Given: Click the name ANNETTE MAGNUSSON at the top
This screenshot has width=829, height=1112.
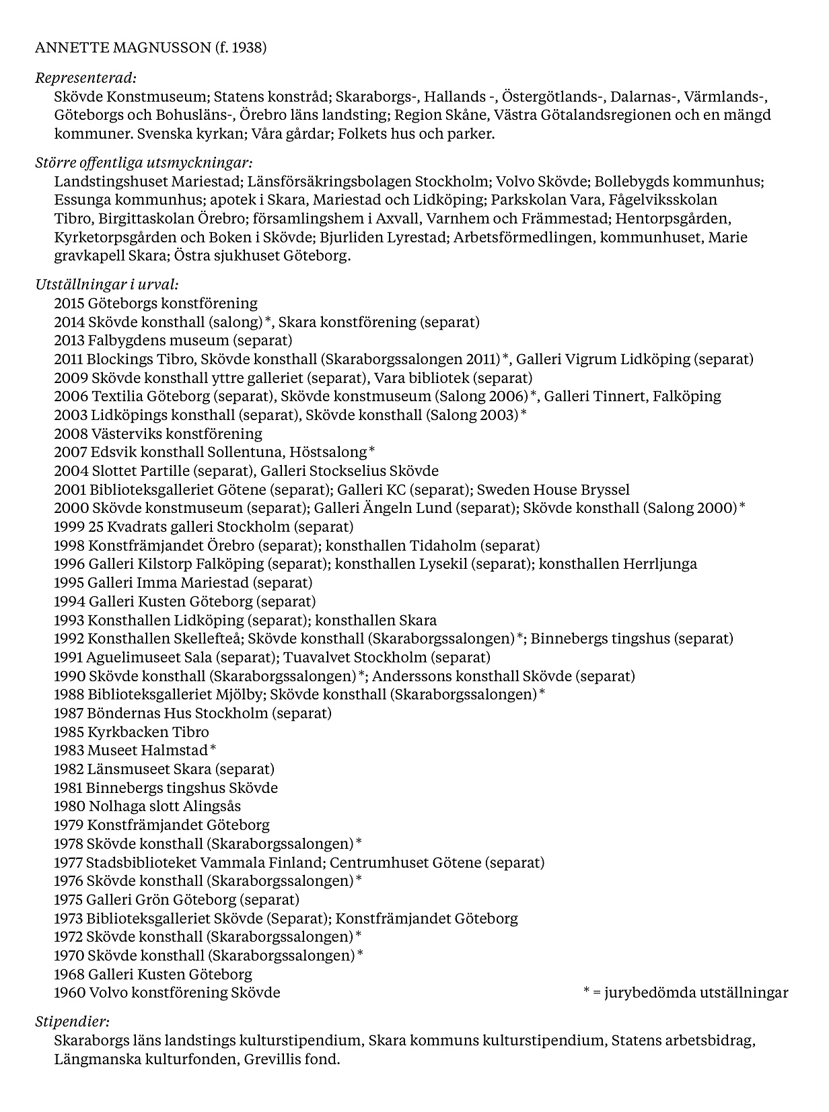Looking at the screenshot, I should click(x=122, y=48).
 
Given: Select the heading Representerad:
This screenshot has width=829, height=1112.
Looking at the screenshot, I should click(x=85, y=78).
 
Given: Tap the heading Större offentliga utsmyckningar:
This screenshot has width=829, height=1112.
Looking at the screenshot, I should click(x=143, y=163).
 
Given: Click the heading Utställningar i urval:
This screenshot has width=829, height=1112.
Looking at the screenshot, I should click(x=106, y=285).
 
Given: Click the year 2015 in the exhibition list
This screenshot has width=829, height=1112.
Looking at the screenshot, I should click(x=69, y=304).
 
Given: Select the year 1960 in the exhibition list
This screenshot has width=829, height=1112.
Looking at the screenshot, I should click(x=69, y=993).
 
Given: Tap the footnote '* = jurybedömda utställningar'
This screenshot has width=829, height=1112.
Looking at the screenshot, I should click(x=685, y=993).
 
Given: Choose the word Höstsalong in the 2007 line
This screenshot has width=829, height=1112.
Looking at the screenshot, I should click(x=330, y=452).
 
